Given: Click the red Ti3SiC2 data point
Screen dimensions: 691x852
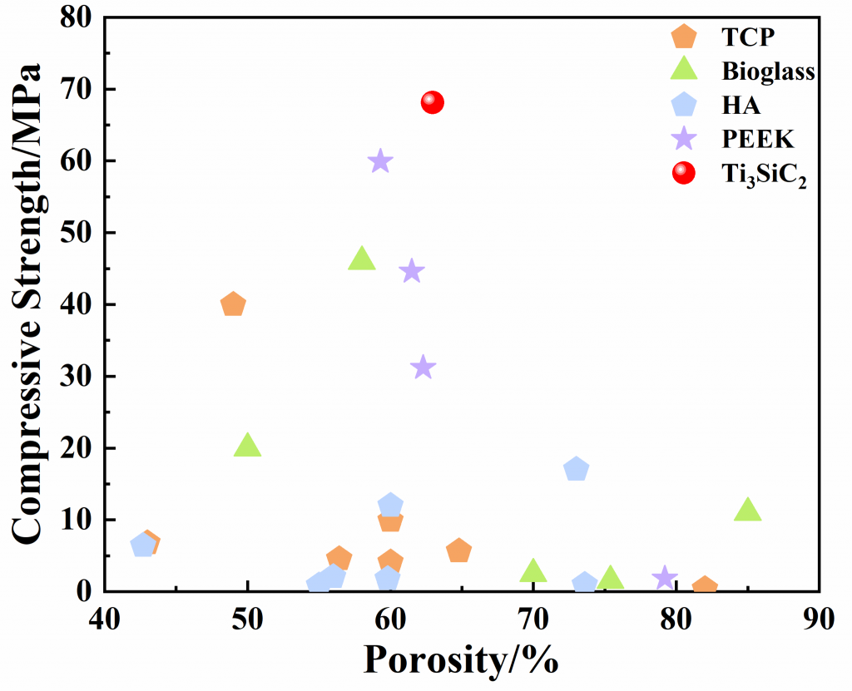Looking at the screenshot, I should coord(433,102).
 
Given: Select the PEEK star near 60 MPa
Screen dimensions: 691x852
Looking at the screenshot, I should coord(381,161).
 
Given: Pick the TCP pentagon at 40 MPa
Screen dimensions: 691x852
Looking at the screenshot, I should coord(233,304).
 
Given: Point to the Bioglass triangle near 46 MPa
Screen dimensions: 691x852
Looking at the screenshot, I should coord(361,259).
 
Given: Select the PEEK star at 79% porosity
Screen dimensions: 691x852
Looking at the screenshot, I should coord(664,578).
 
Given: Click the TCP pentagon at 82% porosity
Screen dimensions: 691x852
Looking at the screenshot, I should coord(705,587).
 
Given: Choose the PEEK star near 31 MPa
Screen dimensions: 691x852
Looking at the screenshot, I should coord(424,367).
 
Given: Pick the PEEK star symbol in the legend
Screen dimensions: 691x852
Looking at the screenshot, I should coord(683,137).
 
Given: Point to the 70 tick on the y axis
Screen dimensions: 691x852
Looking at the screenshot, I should coord(74,89).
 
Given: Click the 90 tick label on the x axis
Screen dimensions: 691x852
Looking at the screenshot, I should coord(820,621).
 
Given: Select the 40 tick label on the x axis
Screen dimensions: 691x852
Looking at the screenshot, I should coord(105,621).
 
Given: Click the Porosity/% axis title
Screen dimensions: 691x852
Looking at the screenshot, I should coord(460,660).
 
